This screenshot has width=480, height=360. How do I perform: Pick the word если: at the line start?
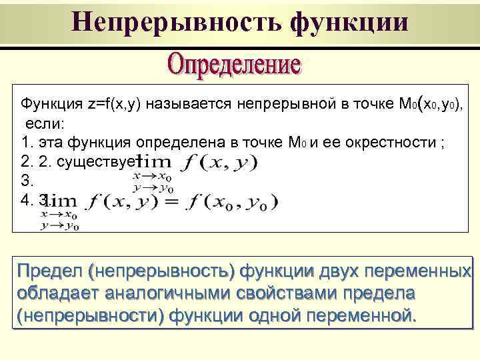click(x=44, y=123)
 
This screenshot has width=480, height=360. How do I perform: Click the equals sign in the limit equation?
click(x=174, y=203)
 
